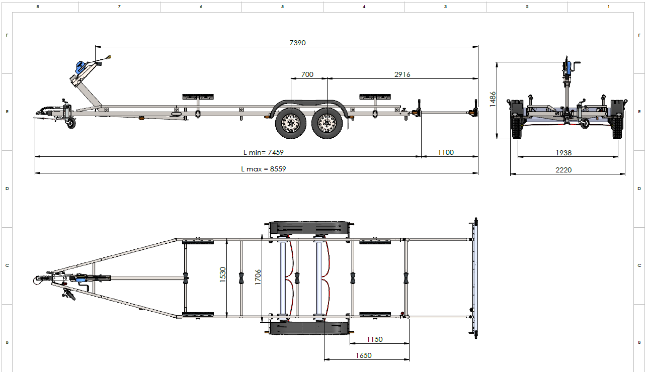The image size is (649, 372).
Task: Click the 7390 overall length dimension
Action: click(297, 43)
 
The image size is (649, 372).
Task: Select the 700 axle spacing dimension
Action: click(307, 74)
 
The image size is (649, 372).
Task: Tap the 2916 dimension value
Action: click(402, 74)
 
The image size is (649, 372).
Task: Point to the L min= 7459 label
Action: click(259, 152)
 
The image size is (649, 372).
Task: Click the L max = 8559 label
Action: click(263, 169)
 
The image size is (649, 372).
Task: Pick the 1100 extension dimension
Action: click(446, 152)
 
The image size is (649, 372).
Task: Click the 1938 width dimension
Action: click(563, 153)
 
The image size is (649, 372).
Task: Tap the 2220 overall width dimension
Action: click(563, 170)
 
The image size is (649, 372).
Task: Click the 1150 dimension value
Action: click(374, 339)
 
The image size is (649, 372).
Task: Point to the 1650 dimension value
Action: click(363, 355)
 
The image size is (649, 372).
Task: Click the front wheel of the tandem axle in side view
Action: click(290, 123)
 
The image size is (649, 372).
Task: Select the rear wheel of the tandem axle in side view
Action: click(327, 123)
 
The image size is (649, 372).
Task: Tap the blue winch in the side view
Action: click(80, 67)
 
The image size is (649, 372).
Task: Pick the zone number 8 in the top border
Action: click(38, 7)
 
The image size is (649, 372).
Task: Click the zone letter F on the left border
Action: click(7, 35)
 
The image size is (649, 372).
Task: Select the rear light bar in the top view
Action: click(474, 277)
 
